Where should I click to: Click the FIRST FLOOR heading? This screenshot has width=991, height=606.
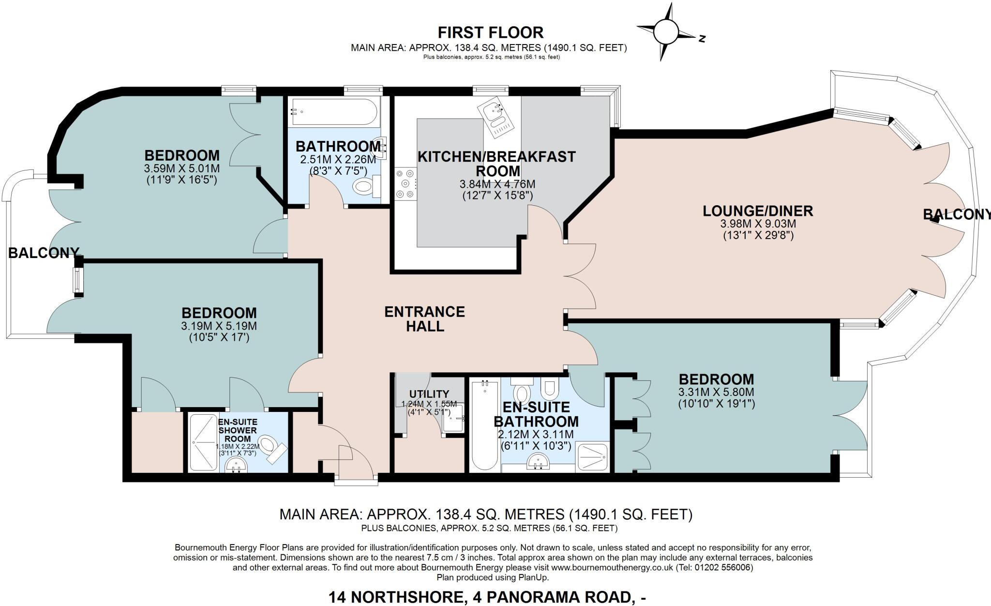490,32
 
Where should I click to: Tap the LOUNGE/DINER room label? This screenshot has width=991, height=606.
758,211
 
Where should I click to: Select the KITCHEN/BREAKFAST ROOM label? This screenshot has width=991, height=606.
496,164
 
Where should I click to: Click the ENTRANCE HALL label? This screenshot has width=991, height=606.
424,318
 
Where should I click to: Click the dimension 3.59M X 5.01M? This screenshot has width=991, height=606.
181,169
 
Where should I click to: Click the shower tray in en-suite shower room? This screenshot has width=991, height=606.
203,442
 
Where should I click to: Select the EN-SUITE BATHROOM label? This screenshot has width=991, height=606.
536,414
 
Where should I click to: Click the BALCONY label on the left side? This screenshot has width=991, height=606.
44,252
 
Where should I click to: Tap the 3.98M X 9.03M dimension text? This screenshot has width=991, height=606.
758,224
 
